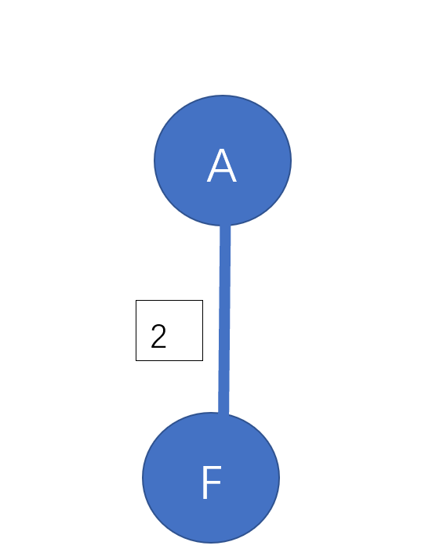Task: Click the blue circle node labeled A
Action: (x=223, y=161)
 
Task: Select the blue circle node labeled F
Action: (x=211, y=478)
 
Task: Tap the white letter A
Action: (x=222, y=166)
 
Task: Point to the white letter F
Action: (x=212, y=482)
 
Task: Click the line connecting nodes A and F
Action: (x=224, y=319)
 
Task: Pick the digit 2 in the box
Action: (x=158, y=336)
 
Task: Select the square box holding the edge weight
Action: (x=169, y=331)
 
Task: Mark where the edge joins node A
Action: (x=225, y=226)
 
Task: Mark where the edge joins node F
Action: (x=223, y=414)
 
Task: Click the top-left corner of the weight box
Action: (x=136, y=300)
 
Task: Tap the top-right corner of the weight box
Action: (x=203, y=300)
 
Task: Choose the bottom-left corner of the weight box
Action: (x=136, y=361)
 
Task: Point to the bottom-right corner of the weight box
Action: (x=203, y=361)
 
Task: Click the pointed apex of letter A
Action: (x=222, y=150)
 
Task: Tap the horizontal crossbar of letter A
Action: (x=222, y=172)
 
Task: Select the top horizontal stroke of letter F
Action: (x=212, y=468)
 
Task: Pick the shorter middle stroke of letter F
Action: (x=212, y=482)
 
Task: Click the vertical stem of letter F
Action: (x=205, y=482)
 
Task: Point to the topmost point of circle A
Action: (x=223, y=96)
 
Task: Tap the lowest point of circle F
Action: (x=211, y=543)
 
